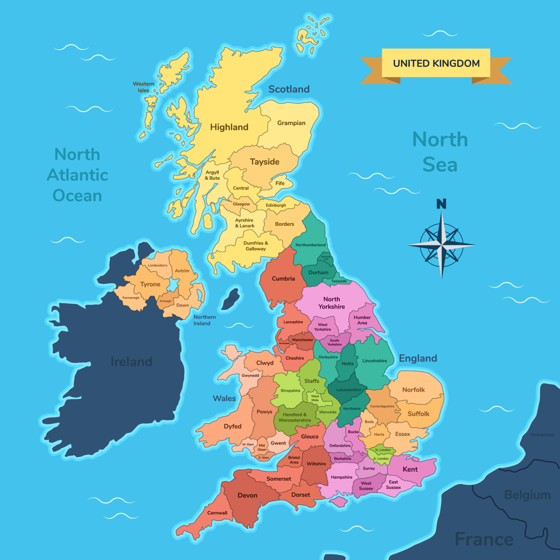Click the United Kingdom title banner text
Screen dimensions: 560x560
(436, 63)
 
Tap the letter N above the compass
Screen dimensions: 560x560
(441, 204)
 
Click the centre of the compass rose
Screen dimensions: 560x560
(442, 245)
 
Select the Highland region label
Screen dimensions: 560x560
(229, 127)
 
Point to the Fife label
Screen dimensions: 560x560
(280, 183)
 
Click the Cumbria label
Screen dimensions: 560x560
(283, 279)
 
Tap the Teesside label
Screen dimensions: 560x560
(339, 281)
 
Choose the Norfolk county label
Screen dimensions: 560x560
(413, 390)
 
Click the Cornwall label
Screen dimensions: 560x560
(217, 513)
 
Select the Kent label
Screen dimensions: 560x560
(410, 469)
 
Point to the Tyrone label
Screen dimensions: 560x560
(150, 284)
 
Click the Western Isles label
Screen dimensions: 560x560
(143, 87)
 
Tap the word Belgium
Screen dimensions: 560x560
(527, 495)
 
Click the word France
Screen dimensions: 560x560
(484, 539)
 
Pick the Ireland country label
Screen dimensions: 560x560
(131, 362)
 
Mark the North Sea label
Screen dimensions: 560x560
(440, 152)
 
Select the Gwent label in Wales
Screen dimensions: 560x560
(278, 443)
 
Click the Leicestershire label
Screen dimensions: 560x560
(349, 390)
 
